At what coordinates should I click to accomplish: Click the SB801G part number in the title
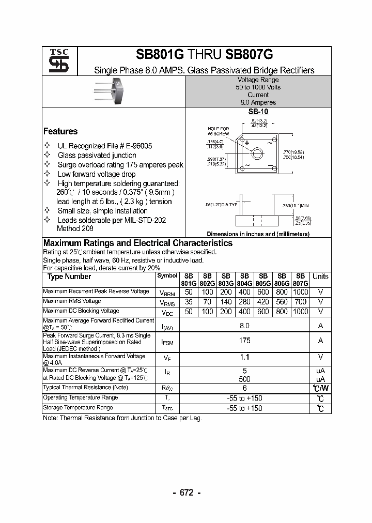(x=159, y=56)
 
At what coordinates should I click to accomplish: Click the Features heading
(x=60, y=131)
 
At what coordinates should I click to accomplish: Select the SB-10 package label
(x=258, y=112)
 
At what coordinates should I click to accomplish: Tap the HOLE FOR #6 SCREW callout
(x=218, y=131)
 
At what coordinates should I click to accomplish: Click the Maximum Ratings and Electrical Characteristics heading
(x=138, y=243)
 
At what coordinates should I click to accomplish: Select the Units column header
(x=320, y=276)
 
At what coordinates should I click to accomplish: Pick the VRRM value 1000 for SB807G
(x=300, y=292)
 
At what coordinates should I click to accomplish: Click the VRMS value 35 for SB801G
(x=189, y=302)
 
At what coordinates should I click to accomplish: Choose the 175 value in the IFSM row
(x=244, y=341)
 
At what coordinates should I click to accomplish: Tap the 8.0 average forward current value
(x=244, y=326)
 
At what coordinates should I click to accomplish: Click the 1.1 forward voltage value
(x=244, y=357)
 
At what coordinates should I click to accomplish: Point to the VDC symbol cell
(x=167, y=312)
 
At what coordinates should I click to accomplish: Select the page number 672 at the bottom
(x=187, y=493)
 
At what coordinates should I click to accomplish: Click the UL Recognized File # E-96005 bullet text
(x=105, y=146)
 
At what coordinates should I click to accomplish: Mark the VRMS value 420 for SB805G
(x=263, y=302)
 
